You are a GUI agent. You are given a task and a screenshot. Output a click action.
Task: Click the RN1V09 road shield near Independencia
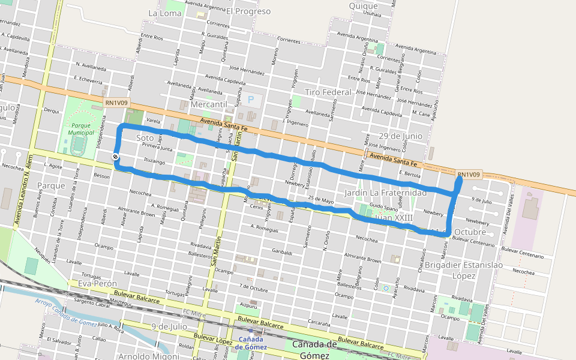click(116, 103)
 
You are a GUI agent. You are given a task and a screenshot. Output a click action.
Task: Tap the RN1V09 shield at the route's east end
click(469, 175)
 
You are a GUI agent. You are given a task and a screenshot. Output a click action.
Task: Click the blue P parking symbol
click(251, 99)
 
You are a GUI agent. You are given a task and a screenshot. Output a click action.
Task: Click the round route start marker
click(115, 157)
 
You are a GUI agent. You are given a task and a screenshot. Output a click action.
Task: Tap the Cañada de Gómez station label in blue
click(251, 344)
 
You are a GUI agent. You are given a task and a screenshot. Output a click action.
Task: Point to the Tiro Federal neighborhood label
click(328, 92)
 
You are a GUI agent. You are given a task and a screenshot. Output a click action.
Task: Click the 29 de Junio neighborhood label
click(400, 136)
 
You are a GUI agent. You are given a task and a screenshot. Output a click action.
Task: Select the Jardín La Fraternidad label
click(386, 193)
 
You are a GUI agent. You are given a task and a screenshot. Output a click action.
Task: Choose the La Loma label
click(160, 12)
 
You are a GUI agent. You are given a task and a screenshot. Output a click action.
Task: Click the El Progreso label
click(248, 11)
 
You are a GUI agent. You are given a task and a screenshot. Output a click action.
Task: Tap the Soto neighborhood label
click(145, 138)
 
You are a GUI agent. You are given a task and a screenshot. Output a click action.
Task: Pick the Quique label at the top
click(363, 6)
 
